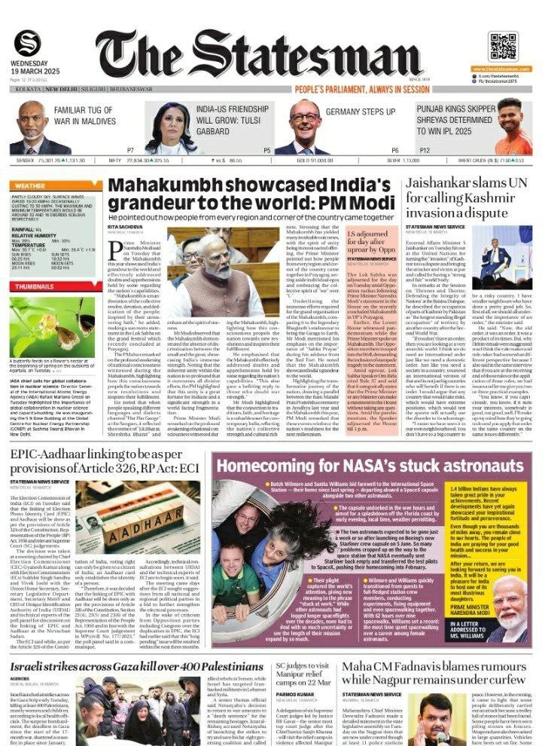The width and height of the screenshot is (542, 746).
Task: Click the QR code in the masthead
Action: [503, 46]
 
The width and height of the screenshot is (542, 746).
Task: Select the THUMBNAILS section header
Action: [35, 286]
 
